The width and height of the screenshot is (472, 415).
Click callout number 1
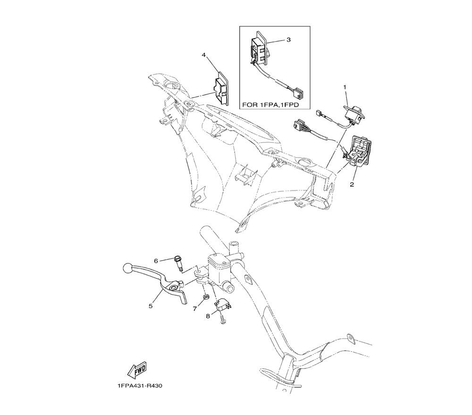pyautogui.click(x=345, y=87)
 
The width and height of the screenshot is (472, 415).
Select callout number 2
pyautogui.click(x=351, y=184)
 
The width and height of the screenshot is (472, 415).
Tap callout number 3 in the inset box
pyautogui.click(x=288, y=40)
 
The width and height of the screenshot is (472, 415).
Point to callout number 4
pyautogui.click(x=204, y=55)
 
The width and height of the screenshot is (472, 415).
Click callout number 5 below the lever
pyautogui.click(x=151, y=306)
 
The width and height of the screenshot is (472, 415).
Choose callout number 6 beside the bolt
pyautogui.click(x=155, y=260)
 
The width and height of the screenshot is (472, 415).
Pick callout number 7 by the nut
pyautogui.click(x=194, y=309)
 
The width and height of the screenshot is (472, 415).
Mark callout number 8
pyautogui.click(x=208, y=317)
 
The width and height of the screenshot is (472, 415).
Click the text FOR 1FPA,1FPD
pyautogui.click(x=274, y=104)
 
